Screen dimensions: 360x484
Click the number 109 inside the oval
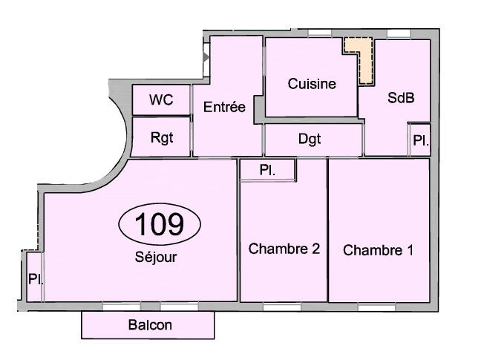point(160,223)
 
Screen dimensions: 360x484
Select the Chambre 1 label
point(378,250)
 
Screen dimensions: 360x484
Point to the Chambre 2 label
point(284,249)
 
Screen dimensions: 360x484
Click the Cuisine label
point(312,84)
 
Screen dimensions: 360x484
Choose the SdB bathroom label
point(401,98)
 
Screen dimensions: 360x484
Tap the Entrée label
point(224,107)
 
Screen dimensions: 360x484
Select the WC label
point(161,100)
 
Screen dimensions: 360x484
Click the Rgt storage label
point(161,137)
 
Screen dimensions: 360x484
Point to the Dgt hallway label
point(310,138)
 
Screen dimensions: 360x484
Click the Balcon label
point(149,325)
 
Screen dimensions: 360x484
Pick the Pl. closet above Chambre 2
point(268,170)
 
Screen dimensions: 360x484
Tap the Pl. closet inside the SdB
point(420,140)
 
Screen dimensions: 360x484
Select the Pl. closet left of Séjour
point(34,279)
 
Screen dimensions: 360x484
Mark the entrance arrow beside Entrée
point(206,56)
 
